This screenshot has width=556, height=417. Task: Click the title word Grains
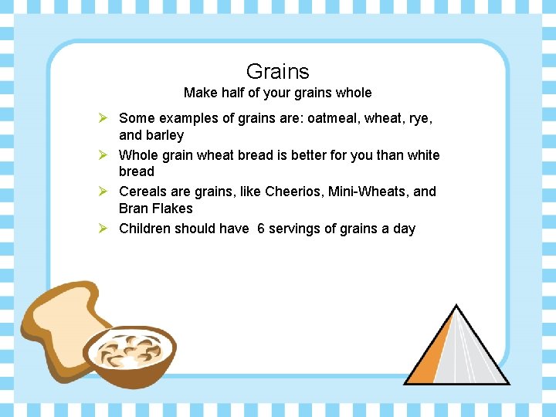277,72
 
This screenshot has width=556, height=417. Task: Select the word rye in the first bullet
419,118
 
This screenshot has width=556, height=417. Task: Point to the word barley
164,136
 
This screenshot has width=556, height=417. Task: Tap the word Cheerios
296,192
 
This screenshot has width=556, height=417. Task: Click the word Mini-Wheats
369,192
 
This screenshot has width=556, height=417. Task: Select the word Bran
134,208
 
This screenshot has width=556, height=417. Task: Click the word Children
144,229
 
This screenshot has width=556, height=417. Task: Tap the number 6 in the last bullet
261,229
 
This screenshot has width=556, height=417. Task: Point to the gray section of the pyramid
475,355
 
